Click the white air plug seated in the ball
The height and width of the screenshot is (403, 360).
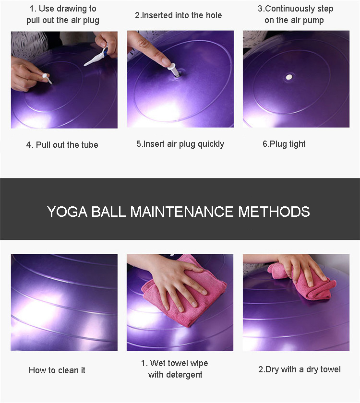[x=289, y=77]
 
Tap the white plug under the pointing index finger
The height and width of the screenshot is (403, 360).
[x=174, y=70]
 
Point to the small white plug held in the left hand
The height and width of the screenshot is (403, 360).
[x=47, y=78]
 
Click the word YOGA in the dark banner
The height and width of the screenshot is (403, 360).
[x=67, y=212]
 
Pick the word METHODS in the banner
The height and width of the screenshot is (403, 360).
[x=274, y=212]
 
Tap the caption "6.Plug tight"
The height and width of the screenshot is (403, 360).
[x=284, y=144]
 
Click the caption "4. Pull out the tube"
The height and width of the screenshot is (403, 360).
[x=62, y=145]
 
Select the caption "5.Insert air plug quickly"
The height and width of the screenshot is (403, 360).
[x=180, y=144]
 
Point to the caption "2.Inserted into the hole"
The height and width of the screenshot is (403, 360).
[x=179, y=15]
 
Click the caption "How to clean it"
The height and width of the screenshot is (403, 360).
[x=57, y=370]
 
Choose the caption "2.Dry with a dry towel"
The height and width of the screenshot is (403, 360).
[x=300, y=369]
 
